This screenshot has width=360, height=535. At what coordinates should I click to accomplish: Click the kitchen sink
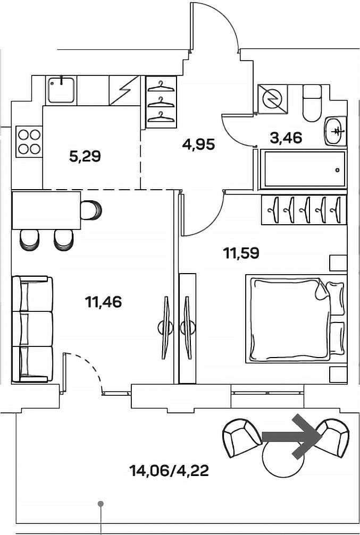pos(62,89)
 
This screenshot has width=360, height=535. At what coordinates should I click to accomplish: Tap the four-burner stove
pos(29,142)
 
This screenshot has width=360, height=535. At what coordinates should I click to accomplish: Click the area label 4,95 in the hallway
pos(198,143)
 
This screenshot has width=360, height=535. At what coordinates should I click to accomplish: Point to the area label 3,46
pos(286,138)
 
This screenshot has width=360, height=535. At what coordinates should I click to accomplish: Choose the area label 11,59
pos(241,253)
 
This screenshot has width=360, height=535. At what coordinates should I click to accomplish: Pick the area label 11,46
pos(103,302)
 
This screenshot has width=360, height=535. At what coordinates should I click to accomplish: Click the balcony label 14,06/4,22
pos(169,470)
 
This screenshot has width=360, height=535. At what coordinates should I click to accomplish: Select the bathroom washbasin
pos(336,130)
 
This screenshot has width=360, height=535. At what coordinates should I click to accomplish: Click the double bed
pos(294,318)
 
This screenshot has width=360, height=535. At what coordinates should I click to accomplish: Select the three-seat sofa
pos(33,328)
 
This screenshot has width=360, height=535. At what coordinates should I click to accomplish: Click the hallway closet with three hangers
pos(161,101)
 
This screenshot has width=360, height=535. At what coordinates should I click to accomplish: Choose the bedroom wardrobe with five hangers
pos(304,209)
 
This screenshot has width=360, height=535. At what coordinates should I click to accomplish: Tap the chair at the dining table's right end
pos(91,209)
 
